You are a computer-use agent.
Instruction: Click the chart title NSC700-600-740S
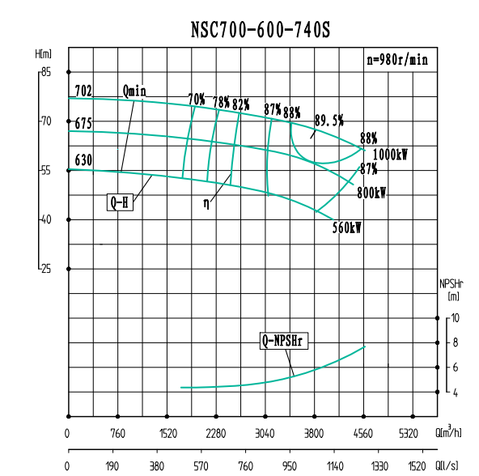tap(261, 29)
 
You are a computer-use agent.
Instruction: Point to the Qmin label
tap(134, 91)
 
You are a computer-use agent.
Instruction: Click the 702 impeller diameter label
tap(83, 91)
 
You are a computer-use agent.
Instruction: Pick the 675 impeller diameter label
tap(83, 125)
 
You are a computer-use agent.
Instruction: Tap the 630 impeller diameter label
tap(83, 159)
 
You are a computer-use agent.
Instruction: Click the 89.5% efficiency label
tap(329, 120)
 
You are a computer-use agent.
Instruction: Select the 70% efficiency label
tap(196, 100)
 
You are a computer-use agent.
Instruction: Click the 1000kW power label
tap(390, 154)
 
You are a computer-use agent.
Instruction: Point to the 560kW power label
tap(346, 228)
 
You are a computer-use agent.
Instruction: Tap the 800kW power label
tap(371, 193)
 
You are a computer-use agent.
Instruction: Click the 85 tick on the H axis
tap(45, 72)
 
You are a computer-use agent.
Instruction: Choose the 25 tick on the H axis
tap(45, 268)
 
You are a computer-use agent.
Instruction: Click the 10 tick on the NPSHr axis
tap(456, 318)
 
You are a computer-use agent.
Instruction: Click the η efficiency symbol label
tap(206, 203)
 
